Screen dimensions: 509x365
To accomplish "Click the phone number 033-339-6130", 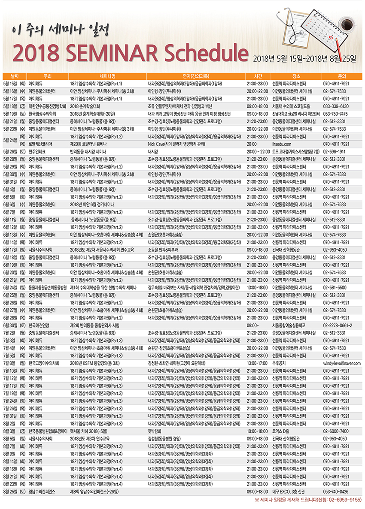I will click(x=335, y=105).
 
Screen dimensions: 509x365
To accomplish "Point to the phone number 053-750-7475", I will click(x=335, y=113).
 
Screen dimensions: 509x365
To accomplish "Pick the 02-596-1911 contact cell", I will click(x=335, y=152).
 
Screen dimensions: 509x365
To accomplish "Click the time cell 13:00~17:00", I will click(x=257, y=363).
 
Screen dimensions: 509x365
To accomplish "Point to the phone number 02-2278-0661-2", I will click(x=338, y=325).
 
